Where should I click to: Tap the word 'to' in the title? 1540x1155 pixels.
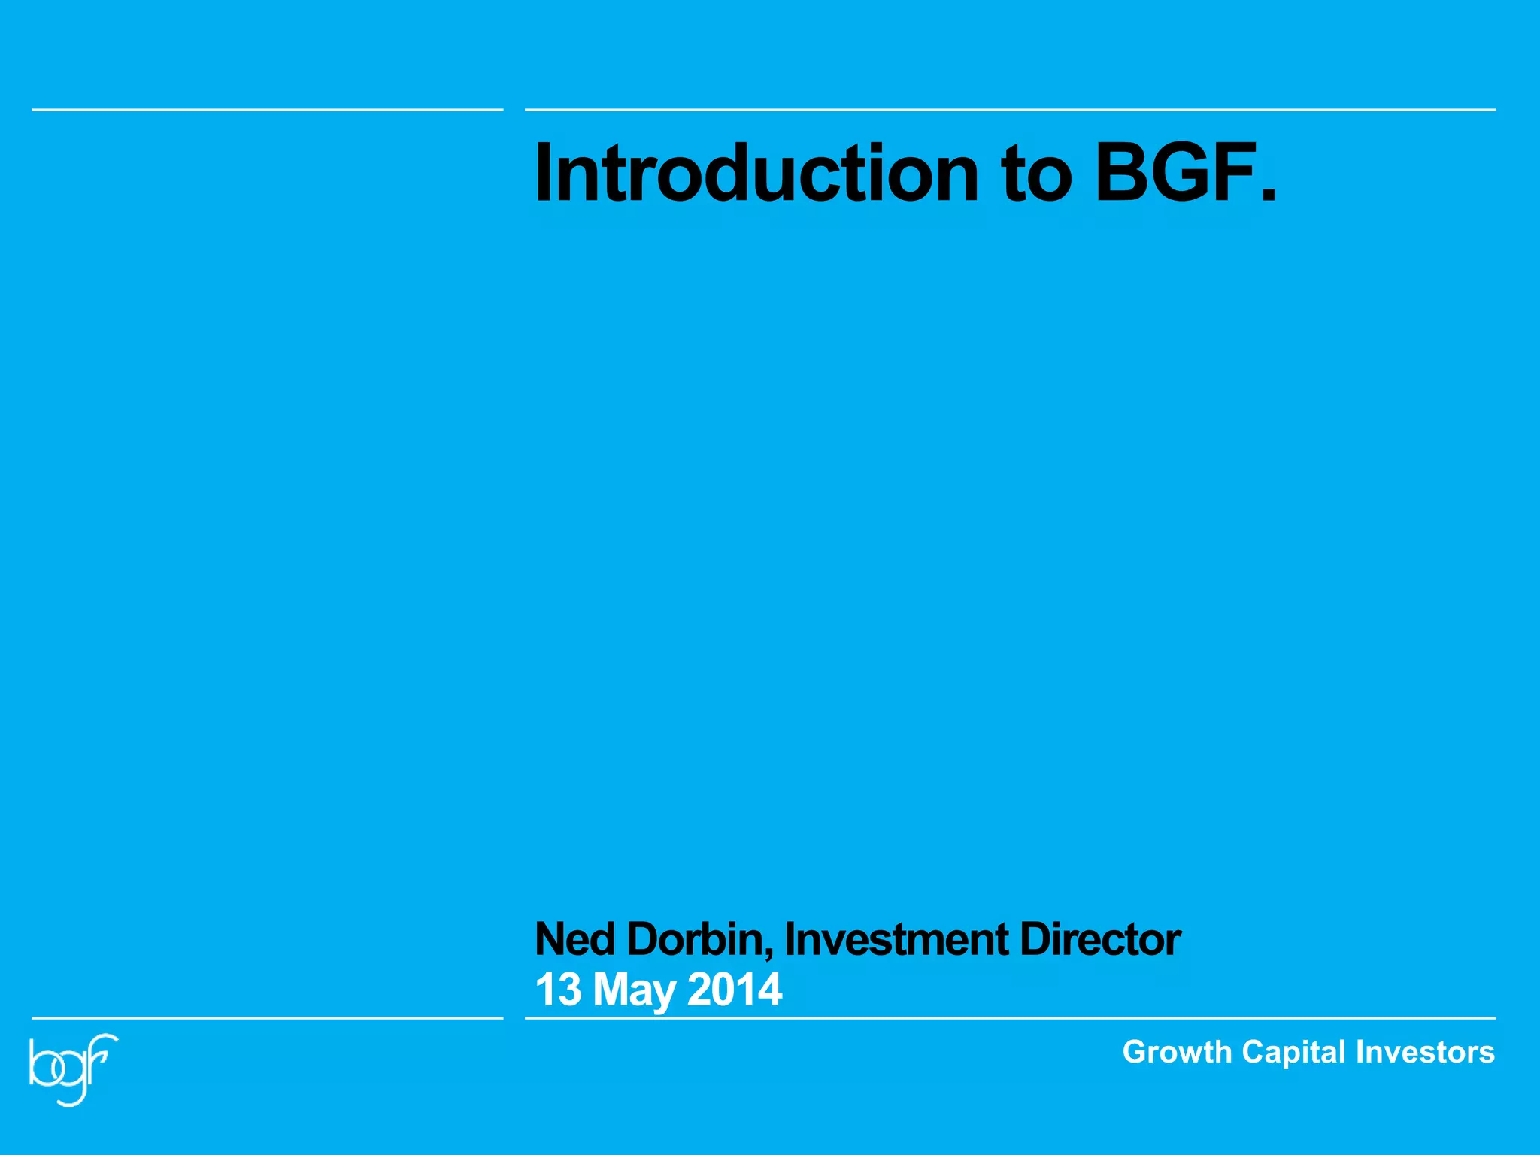pos(1035,174)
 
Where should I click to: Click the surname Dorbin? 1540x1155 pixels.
pos(696,939)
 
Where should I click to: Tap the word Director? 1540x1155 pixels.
pos(1100,939)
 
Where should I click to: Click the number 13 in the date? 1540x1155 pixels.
pos(558,990)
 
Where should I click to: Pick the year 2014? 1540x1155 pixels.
pos(735,990)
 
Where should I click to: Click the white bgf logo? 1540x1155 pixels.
pos(73,1068)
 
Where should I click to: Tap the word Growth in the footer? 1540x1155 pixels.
pos(1177,1052)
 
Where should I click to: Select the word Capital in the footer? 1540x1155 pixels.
pos(1293,1052)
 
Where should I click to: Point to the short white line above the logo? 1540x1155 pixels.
pos(267,1018)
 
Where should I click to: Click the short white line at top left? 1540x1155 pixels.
pos(267,110)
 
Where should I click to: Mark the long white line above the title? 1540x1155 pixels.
pos(1010,110)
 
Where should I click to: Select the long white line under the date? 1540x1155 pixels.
pos(1010,1018)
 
